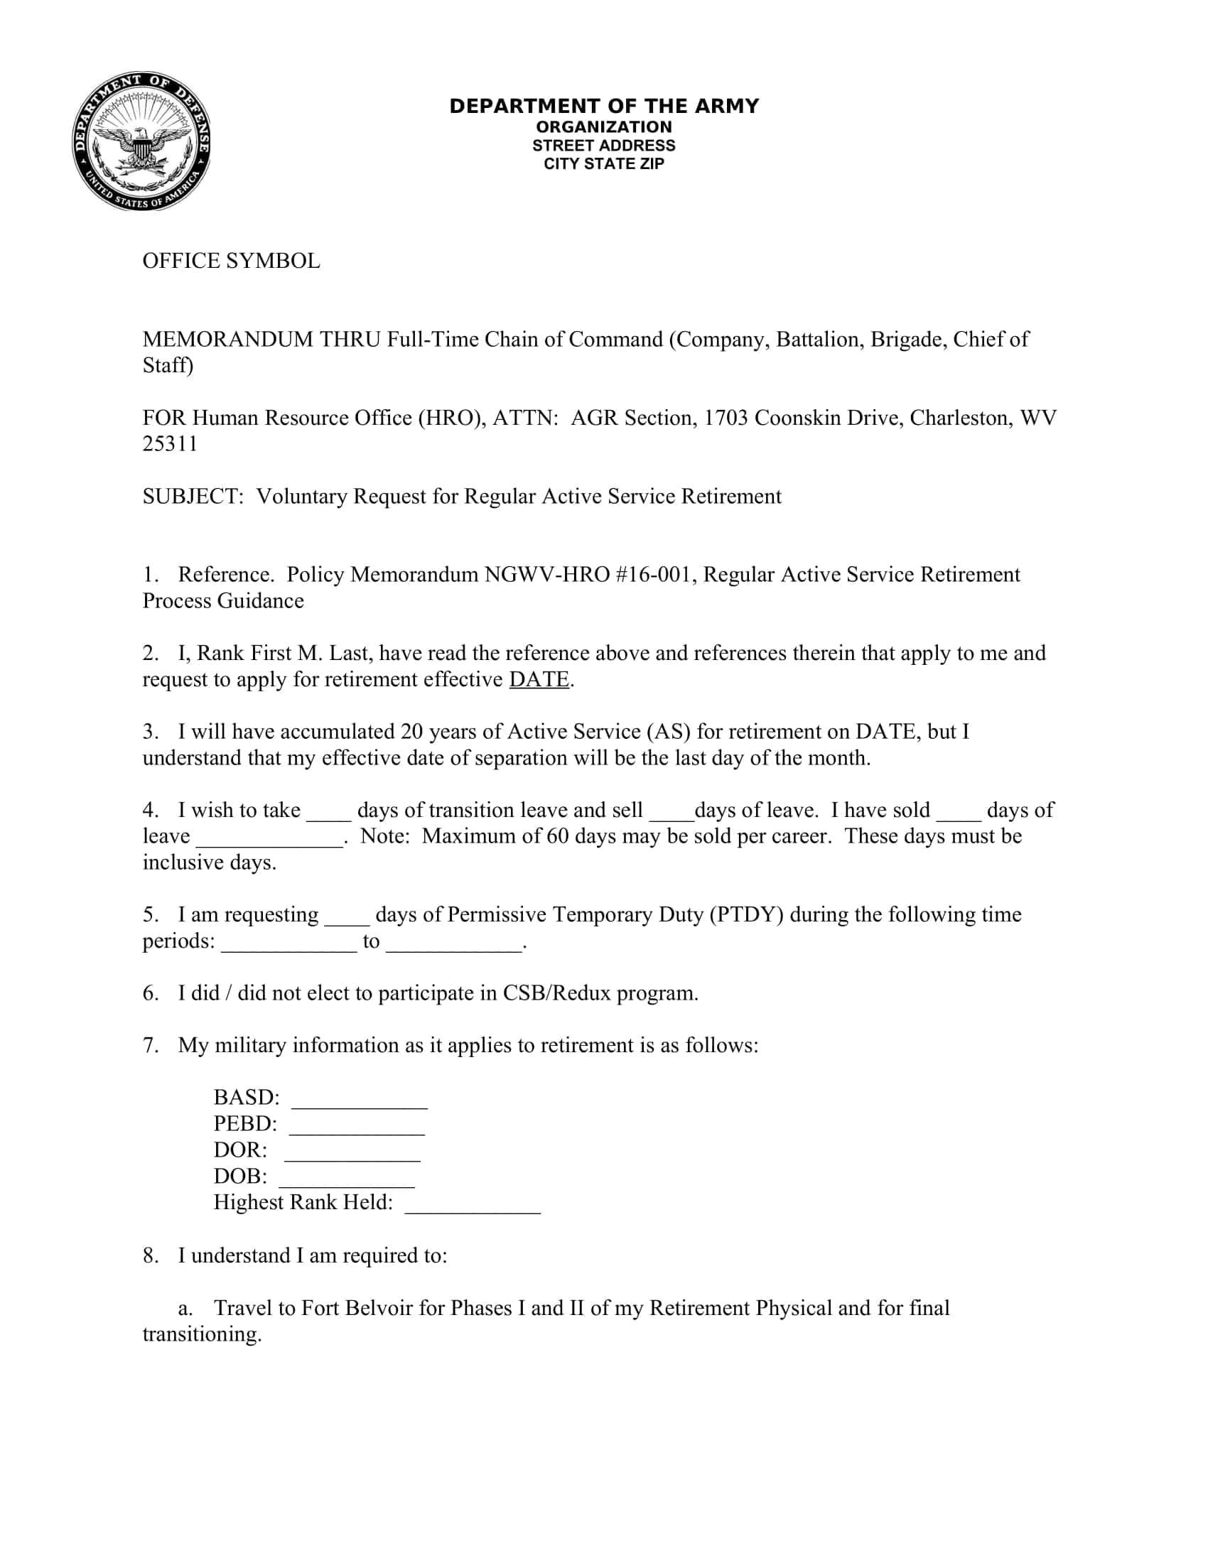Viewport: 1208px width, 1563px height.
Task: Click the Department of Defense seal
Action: point(141,141)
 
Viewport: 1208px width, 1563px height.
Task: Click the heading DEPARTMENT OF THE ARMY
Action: point(603,106)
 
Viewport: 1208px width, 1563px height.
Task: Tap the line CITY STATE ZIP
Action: point(603,164)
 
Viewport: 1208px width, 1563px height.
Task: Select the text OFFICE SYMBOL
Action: point(231,261)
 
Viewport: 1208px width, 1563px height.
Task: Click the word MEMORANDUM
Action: point(227,339)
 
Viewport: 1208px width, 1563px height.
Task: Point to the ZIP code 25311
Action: point(170,445)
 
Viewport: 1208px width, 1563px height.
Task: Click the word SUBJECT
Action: point(191,497)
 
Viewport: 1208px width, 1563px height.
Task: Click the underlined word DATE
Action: point(539,680)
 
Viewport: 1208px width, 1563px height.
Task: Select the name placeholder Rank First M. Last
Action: point(284,654)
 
